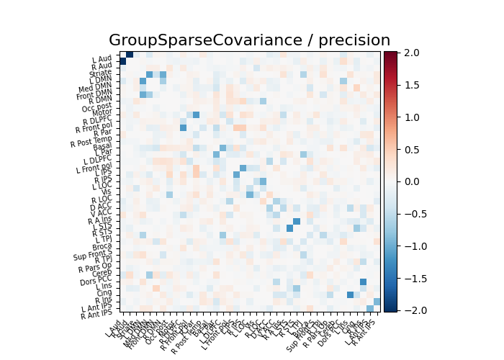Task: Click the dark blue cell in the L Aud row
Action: [130, 55]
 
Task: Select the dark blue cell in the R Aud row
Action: [123, 61]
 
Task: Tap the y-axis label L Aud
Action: [102, 58]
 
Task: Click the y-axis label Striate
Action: [100, 73]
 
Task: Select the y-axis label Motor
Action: [102, 112]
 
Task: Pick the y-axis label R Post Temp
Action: [91, 141]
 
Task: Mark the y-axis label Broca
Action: [102, 246]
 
